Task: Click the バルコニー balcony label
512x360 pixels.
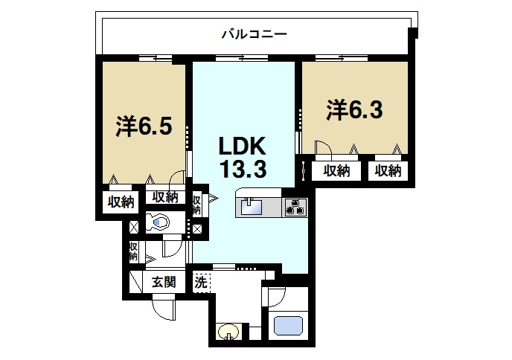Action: (x=254, y=34)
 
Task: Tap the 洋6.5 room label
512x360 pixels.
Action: (x=144, y=126)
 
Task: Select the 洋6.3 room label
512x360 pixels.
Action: (x=354, y=110)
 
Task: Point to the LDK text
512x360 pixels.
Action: (x=242, y=146)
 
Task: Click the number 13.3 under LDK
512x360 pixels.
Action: (x=243, y=170)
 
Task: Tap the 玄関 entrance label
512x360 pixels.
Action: (x=164, y=282)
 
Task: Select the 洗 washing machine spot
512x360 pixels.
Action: (x=201, y=282)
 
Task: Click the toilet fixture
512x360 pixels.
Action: (x=157, y=222)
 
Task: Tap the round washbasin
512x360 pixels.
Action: (x=229, y=332)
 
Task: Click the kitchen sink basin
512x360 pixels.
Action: (x=251, y=207)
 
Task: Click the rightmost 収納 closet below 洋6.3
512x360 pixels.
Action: (x=388, y=170)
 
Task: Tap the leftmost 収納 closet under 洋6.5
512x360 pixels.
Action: (x=121, y=202)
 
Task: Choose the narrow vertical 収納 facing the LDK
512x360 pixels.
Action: (x=196, y=205)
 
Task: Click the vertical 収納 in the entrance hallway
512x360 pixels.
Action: (x=133, y=251)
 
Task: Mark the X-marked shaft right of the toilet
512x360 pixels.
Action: (x=197, y=229)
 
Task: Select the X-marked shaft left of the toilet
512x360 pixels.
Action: (x=134, y=227)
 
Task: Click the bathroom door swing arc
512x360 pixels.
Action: (x=278, y=299)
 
